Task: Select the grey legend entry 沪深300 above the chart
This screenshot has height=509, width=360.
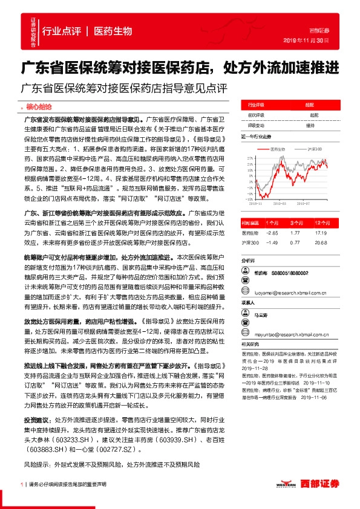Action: click(314, 148)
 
